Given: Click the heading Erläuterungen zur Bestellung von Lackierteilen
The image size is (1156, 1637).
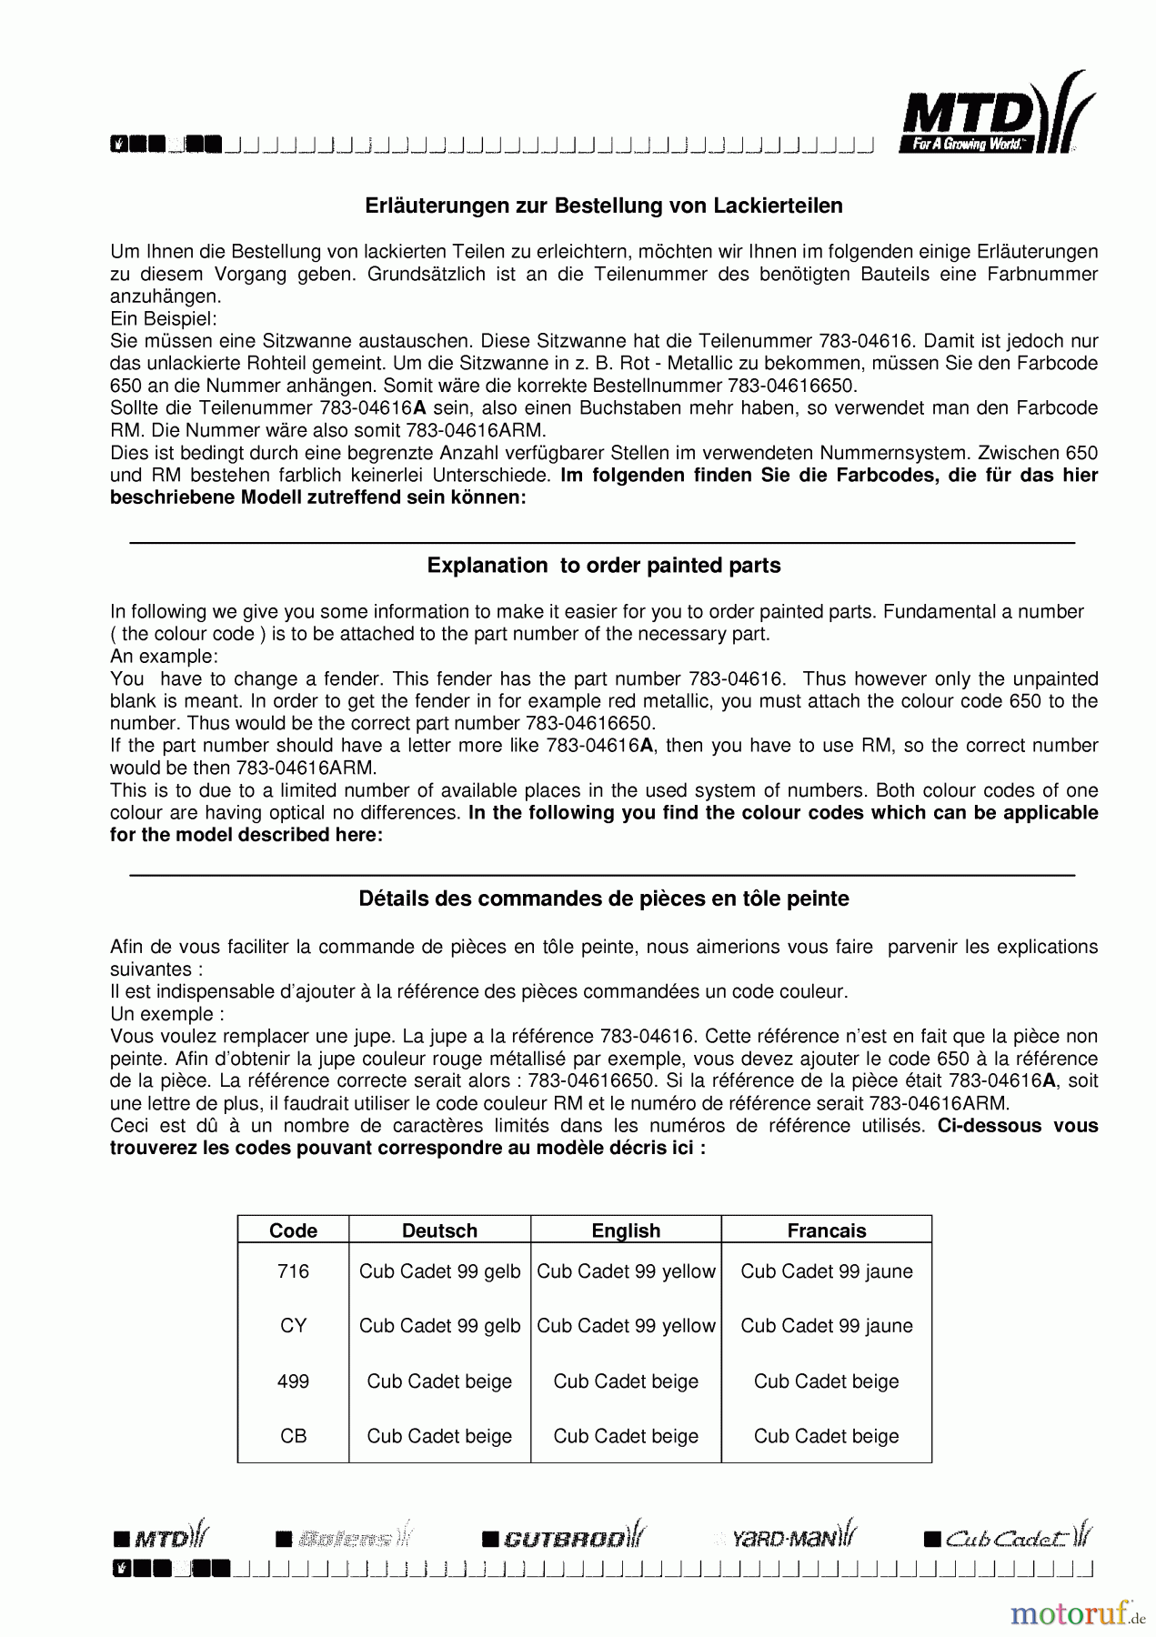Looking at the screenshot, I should pyautogui.click(x=603, y=206).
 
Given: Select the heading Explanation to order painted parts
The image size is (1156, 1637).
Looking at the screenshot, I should pyautogui.click(x=603, y=566).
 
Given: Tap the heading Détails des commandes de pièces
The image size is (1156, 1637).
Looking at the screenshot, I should pyautogui.click(x=603, y=899).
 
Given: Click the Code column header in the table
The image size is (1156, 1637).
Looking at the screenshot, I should pyautogui.click(x=293, y=1230).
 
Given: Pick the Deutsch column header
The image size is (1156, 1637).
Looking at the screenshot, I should pyautogui.click(x=439, y=1230).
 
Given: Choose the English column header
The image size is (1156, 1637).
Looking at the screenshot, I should pyautogui.click(x=626, y=1230).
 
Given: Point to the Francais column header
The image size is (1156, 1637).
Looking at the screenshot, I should pyautogui.click(x=826, y=1230).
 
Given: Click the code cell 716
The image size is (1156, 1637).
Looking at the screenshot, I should pyautogui.click(x=293, y=1271).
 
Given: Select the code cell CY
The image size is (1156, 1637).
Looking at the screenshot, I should pyautogui.click(x=293, y=1326).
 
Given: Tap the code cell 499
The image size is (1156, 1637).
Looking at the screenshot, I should pyautogui.click(x=293, y=1381).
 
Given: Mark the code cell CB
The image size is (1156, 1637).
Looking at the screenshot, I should pyautogui.click(x=293, y=1436).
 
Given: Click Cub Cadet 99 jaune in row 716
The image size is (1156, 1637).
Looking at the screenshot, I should pyautogui.click(x=826, y=1271).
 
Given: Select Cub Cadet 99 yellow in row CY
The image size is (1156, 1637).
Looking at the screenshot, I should pyautogui.click(x=626, y=1326).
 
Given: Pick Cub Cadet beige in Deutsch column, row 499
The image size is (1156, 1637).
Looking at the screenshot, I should pyautogui.click(x=439, y=1381).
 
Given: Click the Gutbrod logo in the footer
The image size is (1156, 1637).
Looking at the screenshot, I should pyautogui.click(x=564, y=1538).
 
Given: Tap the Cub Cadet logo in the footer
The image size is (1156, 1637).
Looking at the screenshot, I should pyautogui.click(x=1008, y=1538).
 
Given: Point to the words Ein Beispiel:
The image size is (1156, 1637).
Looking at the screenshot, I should pyautogui.click(x=163, y=319).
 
